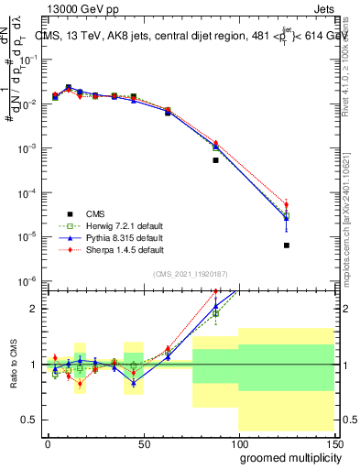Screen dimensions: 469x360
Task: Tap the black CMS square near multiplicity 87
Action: click(215, 160)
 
